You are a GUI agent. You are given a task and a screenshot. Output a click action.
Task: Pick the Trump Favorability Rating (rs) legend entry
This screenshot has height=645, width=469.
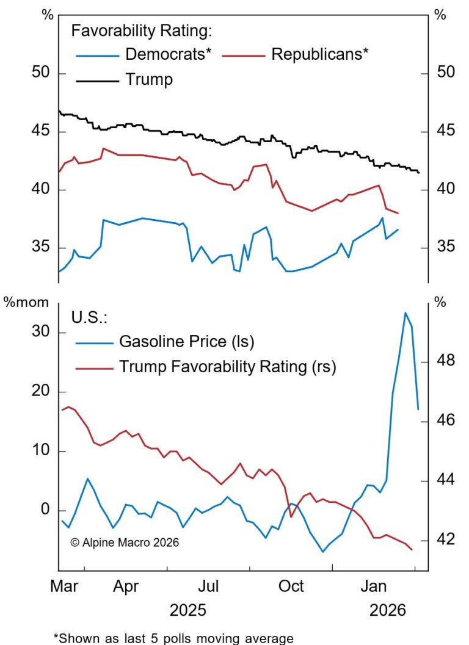227,367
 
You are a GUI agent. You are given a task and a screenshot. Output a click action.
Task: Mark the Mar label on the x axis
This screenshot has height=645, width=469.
64,586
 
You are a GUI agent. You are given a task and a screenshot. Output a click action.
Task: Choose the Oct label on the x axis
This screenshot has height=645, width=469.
292,586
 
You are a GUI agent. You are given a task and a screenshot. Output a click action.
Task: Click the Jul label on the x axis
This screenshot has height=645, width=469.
209,586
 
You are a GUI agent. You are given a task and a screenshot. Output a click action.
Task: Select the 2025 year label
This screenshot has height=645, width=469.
187,610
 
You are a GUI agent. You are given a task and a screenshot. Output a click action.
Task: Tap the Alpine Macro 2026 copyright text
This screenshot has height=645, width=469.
125,542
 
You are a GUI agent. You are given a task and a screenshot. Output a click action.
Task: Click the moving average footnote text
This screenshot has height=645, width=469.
174,638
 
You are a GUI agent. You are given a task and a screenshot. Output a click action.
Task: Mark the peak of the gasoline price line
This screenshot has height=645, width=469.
405,313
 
